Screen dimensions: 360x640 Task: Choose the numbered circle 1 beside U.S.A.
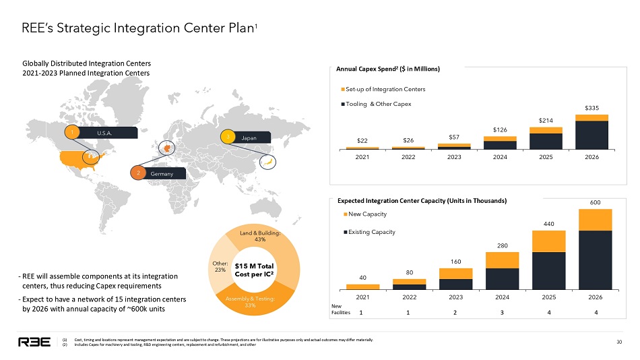[x=70, y=133]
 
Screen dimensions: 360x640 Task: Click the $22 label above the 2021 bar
[x=362, y=140]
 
